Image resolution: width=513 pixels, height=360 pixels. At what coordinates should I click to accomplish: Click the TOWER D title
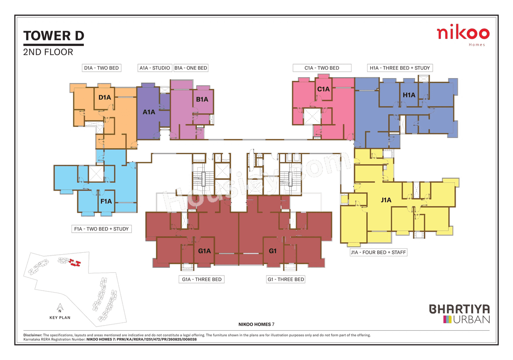(x=54, y=36)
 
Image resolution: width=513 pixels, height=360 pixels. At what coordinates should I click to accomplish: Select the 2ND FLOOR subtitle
(x=48, y=52)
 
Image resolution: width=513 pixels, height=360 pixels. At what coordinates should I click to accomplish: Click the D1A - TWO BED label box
(x=101, y=68)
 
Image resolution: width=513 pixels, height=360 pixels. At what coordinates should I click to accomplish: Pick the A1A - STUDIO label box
(x=155, y=68)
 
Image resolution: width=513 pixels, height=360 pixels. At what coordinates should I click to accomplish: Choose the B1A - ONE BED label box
(x=191, y=68)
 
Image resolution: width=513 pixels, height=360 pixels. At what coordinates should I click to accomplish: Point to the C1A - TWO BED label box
(x=322, y=68)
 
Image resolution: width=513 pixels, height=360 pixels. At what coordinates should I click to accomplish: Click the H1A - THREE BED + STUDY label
(x=400, y=68)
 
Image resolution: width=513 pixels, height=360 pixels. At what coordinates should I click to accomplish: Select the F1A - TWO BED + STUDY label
(x=101, y=229)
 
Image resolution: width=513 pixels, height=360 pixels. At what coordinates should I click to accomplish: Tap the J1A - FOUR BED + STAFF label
(x=378, y=252)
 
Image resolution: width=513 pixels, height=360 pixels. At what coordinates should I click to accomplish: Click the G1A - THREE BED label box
(x=200, y=279)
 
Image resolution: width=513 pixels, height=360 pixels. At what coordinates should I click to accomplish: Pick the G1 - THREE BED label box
(x=286, y=279)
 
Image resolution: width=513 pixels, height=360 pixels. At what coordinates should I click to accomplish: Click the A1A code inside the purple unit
(x=149, y=113)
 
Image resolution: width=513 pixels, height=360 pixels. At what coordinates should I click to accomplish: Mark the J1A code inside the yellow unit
(x=386, y=200)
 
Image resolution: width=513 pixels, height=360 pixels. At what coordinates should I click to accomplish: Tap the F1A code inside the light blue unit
(x=106, y=201)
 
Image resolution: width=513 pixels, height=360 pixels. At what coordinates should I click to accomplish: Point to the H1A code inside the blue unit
(x=409, y=95)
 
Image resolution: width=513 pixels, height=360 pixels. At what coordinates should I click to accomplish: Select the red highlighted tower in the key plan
(x=74, y=263)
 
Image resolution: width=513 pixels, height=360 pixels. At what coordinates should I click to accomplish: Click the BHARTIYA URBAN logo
(x=459, y=314)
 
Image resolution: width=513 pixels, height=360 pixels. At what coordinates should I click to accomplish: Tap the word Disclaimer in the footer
(x=30, y=335)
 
